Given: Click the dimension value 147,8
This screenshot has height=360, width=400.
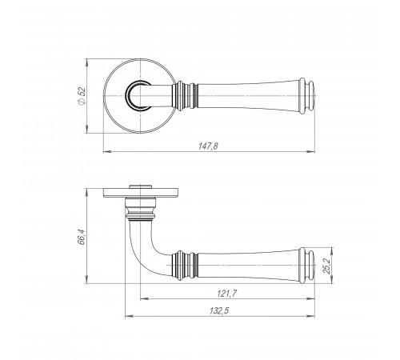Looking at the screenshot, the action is (208, 146).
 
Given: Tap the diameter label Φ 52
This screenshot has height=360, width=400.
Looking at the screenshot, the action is (82, 96).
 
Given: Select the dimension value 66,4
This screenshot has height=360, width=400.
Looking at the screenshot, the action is (81, 237).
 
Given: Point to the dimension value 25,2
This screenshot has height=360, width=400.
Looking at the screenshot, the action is (326, 266).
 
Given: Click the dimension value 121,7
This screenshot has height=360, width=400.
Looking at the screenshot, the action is (226, 294).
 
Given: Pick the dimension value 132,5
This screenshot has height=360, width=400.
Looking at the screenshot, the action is (219, 310).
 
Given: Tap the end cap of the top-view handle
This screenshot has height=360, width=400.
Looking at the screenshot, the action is (307, 96).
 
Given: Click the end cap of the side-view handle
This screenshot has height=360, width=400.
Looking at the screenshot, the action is (307, 266).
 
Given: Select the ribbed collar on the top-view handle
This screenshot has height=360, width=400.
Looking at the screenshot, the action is (185, 96).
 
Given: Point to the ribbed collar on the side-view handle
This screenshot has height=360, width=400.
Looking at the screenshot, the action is (185, 266).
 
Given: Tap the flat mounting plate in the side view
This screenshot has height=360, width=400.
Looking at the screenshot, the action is (140, 193).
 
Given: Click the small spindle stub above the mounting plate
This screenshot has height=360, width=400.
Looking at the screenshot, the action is (140, 186).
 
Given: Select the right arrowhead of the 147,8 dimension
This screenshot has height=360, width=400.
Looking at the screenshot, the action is (311, 152).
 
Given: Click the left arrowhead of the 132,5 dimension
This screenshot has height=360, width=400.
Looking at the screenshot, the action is (130, 317).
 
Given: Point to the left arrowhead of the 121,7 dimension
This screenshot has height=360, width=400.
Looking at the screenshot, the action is (144, 299).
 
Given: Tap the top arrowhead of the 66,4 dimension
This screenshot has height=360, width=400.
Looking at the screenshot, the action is (86, 193).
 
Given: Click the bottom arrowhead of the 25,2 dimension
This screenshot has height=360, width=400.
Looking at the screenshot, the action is (331, 279).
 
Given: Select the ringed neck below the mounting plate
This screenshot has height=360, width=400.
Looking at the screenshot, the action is (140, 210).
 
